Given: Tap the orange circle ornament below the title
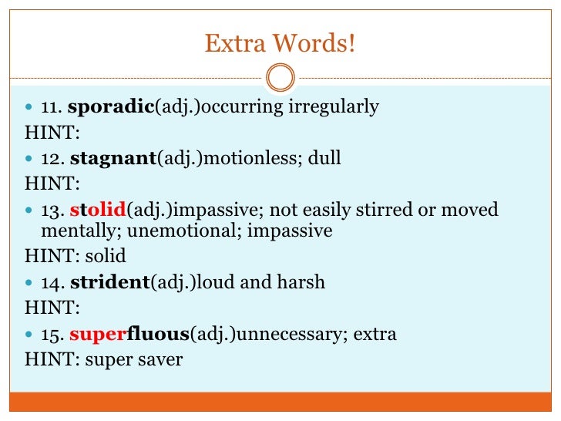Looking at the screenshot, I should pyautogui.click(x=280, y=77).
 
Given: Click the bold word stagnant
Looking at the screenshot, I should pyautogui.click(x=113, y=159).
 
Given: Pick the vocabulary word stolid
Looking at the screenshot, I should pyautogui.click(x=98, y=210).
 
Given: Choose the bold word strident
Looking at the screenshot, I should pyautogui.click(x=109, y=282).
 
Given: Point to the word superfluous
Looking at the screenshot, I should pyautogui.click(x=129, y=334).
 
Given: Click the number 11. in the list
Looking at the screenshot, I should pyautogui.click(x=51, y=107).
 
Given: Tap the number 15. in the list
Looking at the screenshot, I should pyautogui.click(x=52, y=335).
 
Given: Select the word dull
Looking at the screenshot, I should pyautogui.click(x=324, y=159).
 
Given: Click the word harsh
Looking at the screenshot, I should pyautogui.click(x=301, y=282).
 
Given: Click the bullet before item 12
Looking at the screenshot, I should pyautogui.click(x=29, y=160).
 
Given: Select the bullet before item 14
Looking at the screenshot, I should pyautogui.click(x=29, y=283).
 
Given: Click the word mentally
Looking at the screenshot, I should pyautogui.click(x=72, y=231).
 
